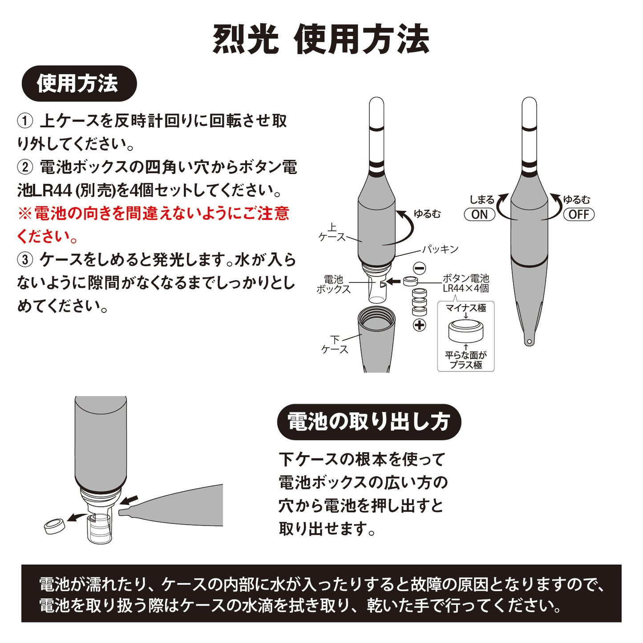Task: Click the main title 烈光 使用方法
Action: click(321, 39)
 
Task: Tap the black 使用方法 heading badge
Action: click(79, 84)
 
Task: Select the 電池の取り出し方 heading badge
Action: click(369, 422)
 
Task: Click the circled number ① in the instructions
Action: click(25, 121)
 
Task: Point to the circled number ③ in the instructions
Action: click(25, 259)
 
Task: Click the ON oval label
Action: click(479, 214)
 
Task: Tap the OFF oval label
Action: click(578, 214)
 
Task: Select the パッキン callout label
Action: click(441, 249)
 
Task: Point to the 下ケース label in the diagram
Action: click(335, 345)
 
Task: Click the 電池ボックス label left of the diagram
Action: click(333, 284)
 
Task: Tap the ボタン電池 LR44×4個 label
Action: click(465, 283)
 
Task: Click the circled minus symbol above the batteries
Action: click(419, 268)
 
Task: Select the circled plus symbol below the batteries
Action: click(419, 325)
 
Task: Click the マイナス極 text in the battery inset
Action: click(466, 308)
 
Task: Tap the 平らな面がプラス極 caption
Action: click(466, 360)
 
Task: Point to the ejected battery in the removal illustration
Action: click(55, 526)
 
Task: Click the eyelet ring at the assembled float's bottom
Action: click(529, 342)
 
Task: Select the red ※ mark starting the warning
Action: click(24, 214)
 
